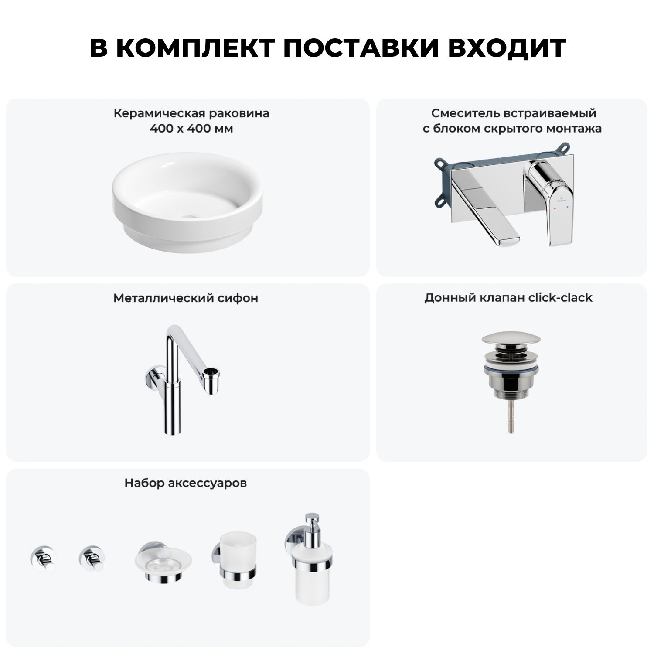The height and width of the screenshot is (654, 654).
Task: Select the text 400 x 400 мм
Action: coord(191,129)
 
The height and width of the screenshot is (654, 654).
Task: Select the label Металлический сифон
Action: coord(186,298)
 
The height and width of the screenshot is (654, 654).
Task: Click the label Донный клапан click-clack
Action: coord(508,298)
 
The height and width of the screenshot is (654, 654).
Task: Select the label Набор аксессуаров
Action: coord(186,483)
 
